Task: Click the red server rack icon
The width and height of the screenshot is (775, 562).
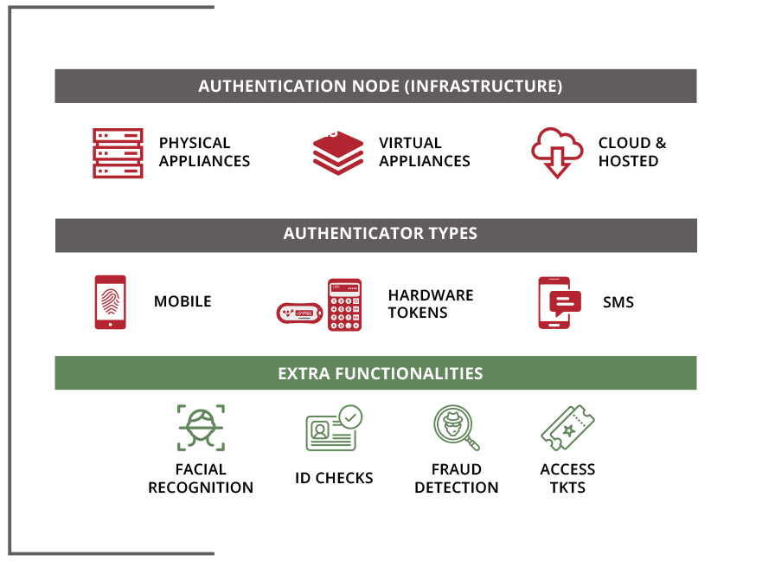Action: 118,153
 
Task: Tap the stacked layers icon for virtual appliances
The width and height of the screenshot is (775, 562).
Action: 338,153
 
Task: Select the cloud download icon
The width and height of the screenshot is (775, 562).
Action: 557,153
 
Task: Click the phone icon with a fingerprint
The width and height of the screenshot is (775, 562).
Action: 110,302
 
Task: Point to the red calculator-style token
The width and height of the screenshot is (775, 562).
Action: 344,305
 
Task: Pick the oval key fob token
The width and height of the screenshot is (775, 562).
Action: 299,313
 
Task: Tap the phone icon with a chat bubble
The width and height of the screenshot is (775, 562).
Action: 559,302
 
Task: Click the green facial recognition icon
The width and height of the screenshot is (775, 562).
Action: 202,428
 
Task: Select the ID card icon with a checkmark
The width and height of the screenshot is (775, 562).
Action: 334,428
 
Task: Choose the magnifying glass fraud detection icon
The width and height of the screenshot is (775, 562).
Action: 456,428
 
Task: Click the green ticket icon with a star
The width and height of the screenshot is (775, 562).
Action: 567,428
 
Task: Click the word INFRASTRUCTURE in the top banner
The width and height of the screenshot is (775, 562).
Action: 484,86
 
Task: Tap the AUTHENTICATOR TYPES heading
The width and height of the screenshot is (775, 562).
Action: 380,234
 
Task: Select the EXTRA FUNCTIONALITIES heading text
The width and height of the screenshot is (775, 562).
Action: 380,373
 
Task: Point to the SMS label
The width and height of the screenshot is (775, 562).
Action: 618,302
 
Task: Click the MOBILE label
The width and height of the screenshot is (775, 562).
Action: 183,301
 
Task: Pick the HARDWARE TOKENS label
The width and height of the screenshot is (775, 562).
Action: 431,304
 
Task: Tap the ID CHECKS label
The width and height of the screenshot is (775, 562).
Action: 334,478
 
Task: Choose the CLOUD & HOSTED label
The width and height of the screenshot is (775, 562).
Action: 632,152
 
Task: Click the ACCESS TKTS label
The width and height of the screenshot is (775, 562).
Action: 567,478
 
